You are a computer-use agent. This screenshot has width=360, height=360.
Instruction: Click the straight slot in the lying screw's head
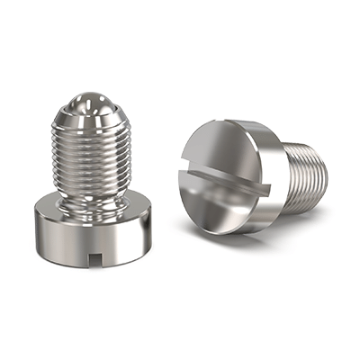point(221,166)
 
